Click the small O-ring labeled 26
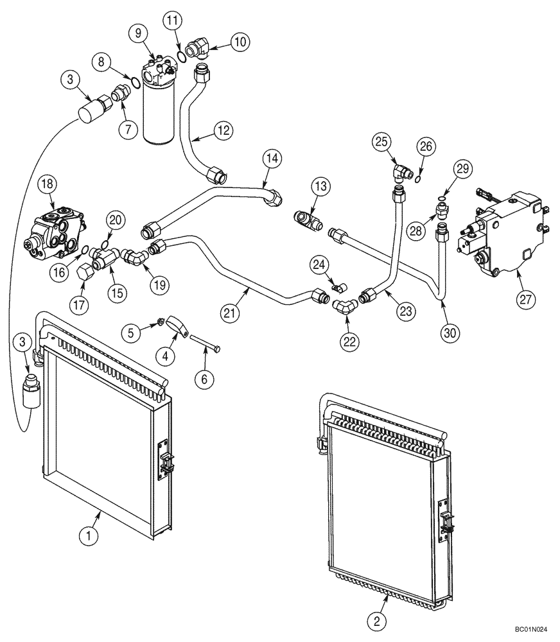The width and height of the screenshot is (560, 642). pyautogui.click(x=417, y=178)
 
